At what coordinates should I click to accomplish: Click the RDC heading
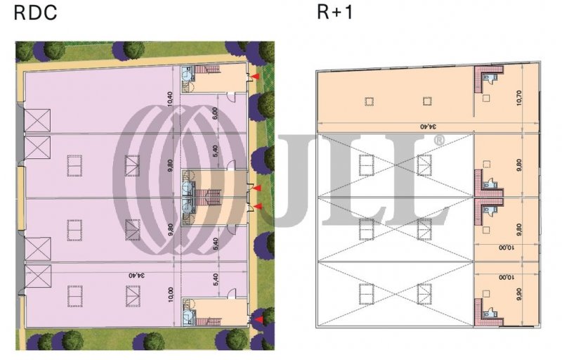(x=35, y=12)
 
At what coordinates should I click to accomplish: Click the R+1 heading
(x=335, y=11)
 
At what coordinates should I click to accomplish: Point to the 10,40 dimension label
(x=170, y=99)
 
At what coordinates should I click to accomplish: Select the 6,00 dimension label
(x=215, y=113)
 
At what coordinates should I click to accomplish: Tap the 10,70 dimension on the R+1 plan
(x=519, y=97)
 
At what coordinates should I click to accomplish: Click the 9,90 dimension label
(x=519, y=294)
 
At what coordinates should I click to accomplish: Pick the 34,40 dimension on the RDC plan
(x=137, y=276)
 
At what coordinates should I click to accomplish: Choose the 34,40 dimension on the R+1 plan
(x=429, y=127)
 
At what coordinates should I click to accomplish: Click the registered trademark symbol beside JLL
(x=440, y=140)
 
